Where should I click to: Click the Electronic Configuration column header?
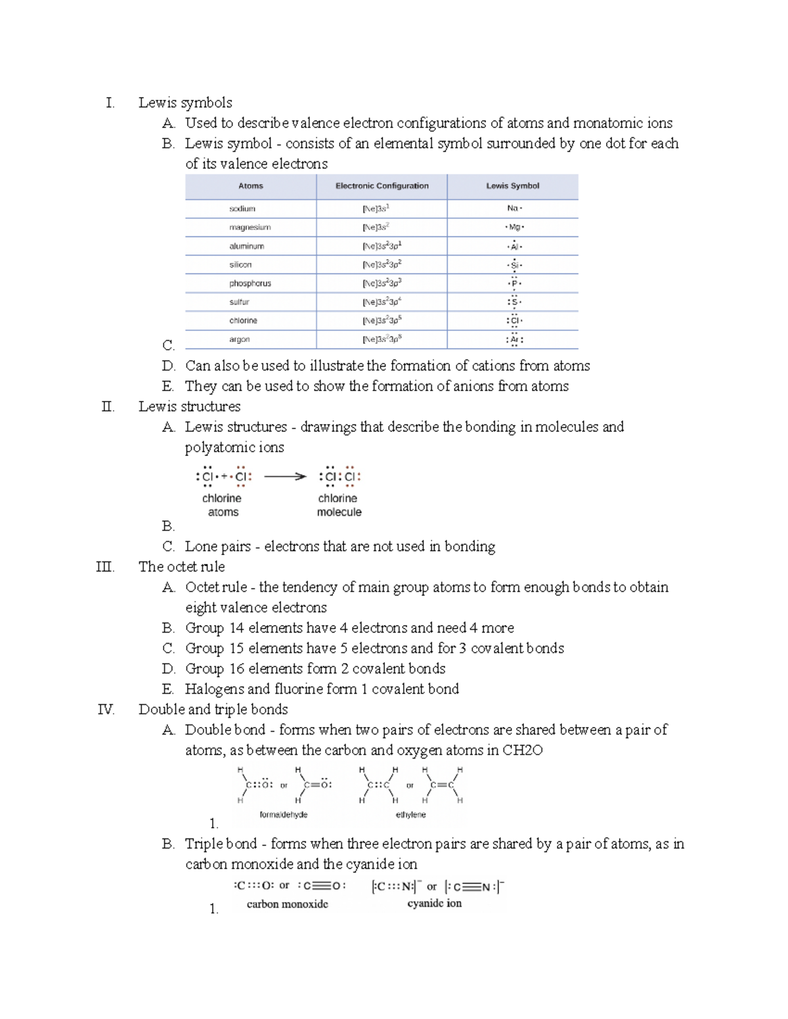pos(382,186)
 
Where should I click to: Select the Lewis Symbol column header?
pos(512,186)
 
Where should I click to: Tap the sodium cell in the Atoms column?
pos(242,209)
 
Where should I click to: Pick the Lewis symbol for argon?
pos(514,339)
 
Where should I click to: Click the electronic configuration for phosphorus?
pos(382,283)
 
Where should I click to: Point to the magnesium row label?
pos(250,227)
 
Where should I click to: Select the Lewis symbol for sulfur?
pos(514,302)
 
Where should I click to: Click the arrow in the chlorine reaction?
pos(285,477)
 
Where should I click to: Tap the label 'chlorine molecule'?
pos(339,505)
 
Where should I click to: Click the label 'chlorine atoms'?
pos(222,505)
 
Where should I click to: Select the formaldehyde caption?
pos(284,814)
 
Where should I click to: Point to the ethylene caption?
pos(410,814)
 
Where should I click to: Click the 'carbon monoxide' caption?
pos(287,904)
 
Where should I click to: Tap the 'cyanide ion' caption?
pos(434,904)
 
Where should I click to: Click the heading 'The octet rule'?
pos(181,567)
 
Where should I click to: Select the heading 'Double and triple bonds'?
pos(213,709)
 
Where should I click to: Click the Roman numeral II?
pos(108,407)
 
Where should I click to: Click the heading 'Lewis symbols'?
pos(185,103)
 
